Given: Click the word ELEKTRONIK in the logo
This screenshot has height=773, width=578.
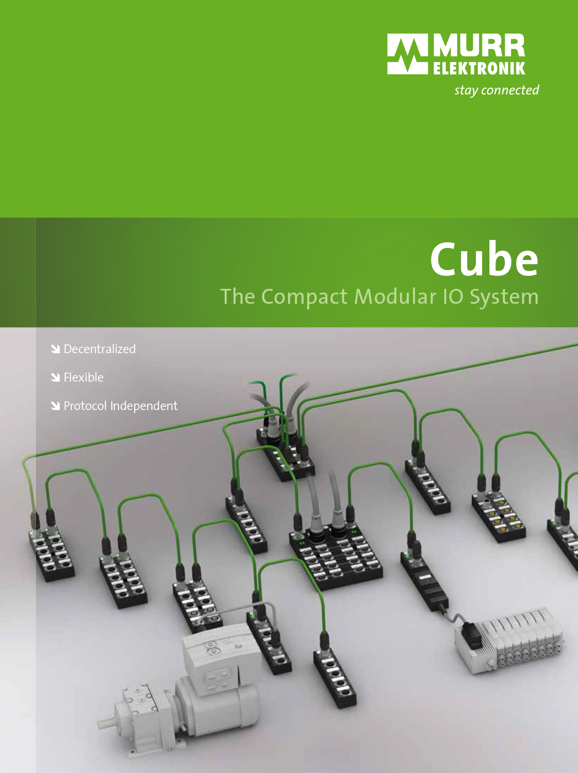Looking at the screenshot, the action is pos(479,68).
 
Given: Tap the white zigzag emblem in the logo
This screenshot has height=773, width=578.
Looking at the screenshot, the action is pos(408,54).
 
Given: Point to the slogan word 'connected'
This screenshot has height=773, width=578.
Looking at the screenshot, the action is pos(510,90).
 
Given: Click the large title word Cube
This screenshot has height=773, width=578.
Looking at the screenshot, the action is pos(484,259).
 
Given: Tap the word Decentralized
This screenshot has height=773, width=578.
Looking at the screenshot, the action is pos(100,349).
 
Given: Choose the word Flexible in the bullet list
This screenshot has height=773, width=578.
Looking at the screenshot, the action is pos(83,377).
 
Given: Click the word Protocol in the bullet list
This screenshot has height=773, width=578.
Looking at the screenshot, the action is pos(85,406).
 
